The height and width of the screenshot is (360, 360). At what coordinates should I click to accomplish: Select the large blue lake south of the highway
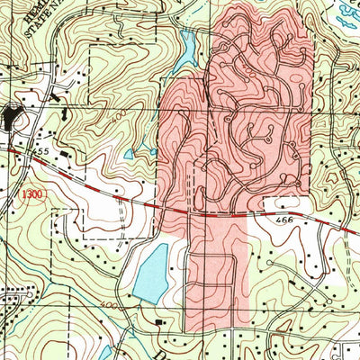coord(152,271)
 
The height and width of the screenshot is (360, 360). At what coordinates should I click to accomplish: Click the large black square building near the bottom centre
coord(161,321)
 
